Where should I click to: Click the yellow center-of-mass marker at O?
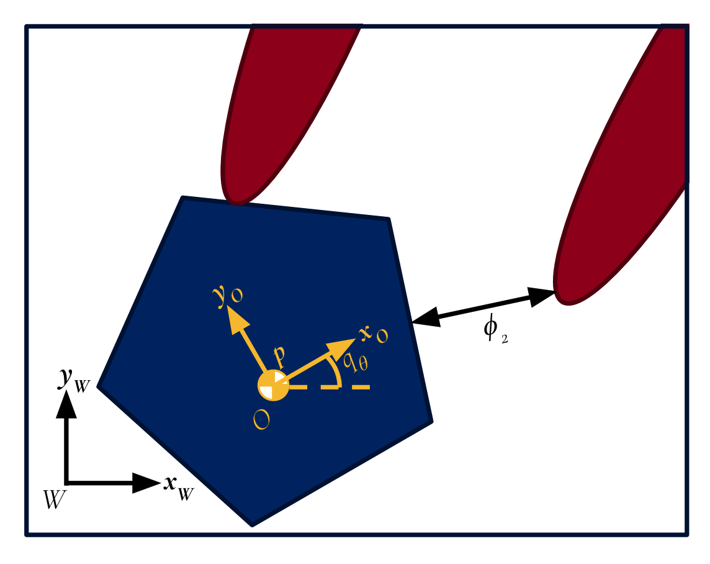click(x=273, y=386)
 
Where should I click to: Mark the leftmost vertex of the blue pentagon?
click(x=99, y=386)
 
